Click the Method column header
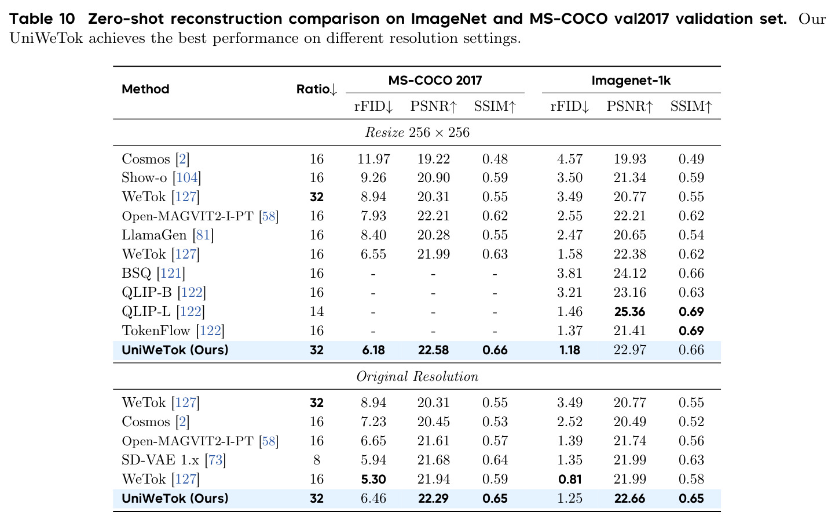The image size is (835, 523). click(145, 89)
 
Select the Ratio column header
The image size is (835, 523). click(317, 90)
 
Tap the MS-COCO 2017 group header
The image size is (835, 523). click(435, 80)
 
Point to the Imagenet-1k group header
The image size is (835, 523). click(631, 81)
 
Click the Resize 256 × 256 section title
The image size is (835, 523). click(417, 133)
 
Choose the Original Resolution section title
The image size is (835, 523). click(417, 376)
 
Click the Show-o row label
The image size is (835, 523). click(144, 177)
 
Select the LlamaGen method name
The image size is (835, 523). click(154, 235)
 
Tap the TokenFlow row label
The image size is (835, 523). click(156, 330)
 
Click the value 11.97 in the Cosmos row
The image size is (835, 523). click(373, 159)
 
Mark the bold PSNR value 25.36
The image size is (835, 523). click(629, 312)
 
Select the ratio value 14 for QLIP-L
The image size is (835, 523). click(317, 311)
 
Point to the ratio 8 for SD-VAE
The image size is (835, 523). click(317, 460)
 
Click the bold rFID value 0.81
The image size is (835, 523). click(570, 480)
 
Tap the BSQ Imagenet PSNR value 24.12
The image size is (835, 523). click(629, 273)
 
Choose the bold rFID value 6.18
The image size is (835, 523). click(373, 350)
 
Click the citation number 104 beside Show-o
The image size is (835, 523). click(187, 177)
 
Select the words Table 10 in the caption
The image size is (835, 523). click(42, 19)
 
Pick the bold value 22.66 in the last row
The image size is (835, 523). click(629, 499)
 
